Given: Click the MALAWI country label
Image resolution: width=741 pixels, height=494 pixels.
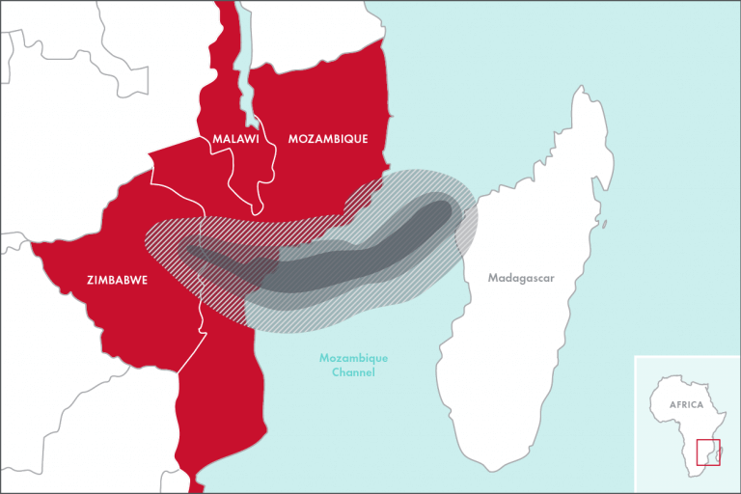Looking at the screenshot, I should (236, 139).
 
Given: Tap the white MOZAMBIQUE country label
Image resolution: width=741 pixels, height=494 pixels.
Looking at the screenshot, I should (328, 139).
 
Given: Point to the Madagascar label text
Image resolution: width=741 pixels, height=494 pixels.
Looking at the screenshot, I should (521, 279).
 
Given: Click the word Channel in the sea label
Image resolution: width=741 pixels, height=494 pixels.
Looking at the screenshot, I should (353, 371).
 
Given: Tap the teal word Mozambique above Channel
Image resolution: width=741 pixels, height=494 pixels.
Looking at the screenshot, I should (353, 358).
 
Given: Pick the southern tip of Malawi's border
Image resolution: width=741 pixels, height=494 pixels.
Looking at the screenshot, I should (257, 212).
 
